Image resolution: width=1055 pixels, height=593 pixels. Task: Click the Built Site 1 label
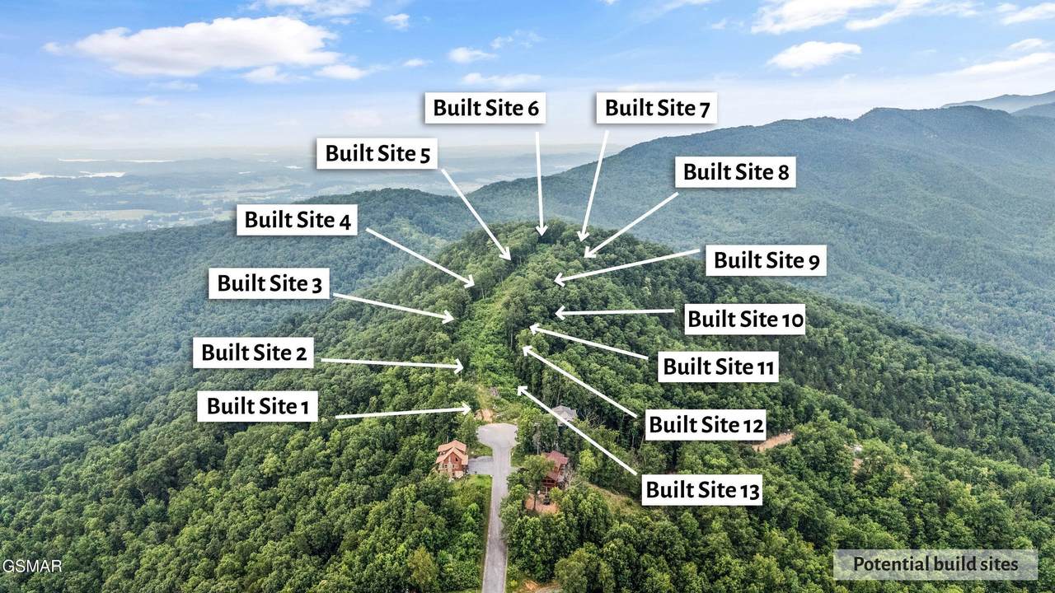click(257, 406)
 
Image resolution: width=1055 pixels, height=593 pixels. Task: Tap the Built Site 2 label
click(253, 353)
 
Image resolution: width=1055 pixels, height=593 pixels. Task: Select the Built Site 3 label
click(270, 283)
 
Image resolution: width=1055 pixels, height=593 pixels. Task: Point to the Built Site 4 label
click(297, 220)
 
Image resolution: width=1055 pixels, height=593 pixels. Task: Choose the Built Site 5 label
click(377, 153)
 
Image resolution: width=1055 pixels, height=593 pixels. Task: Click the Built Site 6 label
click(485, 108)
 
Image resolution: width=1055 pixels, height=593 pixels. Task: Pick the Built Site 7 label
click(656, 108)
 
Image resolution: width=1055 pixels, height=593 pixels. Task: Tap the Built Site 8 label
click(735, 172)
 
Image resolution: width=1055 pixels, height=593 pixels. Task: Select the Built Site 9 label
click(766, 260)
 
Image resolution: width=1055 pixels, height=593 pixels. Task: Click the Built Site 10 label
click(744, 319)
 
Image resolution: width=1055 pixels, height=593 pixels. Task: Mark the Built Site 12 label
click(705, 425)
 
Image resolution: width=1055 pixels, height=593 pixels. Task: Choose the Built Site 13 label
click(701, 489)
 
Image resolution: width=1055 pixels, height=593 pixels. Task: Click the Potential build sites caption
click(935, 565)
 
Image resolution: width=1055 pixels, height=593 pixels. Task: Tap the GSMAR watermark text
click(31, 567)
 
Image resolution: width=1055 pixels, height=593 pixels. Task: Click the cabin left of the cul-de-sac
click(452, 458)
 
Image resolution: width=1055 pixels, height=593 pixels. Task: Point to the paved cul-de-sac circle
click(497, 437)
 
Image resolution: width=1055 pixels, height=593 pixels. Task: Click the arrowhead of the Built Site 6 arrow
click(542, 231)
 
